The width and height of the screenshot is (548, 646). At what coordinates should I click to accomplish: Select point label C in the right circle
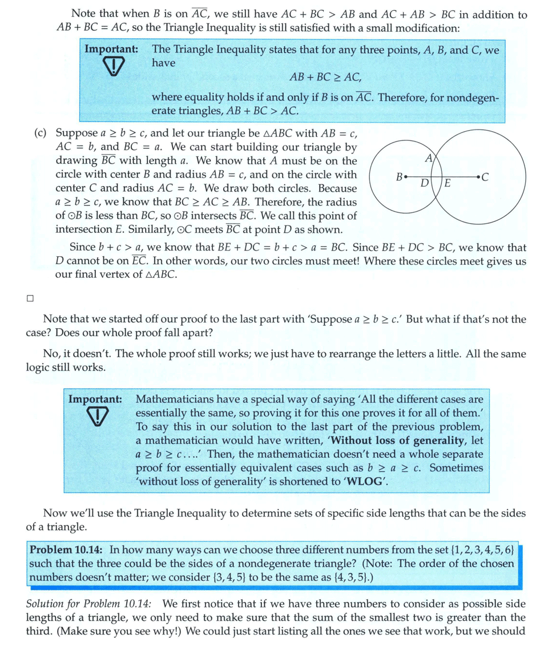tap(485, 177)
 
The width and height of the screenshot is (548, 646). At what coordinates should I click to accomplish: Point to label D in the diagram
tap(424, 183)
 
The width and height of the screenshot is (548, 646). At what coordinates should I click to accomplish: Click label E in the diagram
tap(448, 183)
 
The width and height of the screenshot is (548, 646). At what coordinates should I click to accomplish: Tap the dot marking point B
tap(405, 177)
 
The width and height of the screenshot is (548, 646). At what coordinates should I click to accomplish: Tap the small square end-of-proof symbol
tap(30, 297)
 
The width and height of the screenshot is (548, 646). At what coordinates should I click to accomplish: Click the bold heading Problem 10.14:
tap(66, 550)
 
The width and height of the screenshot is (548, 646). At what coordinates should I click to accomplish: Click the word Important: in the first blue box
tap(111, 49)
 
